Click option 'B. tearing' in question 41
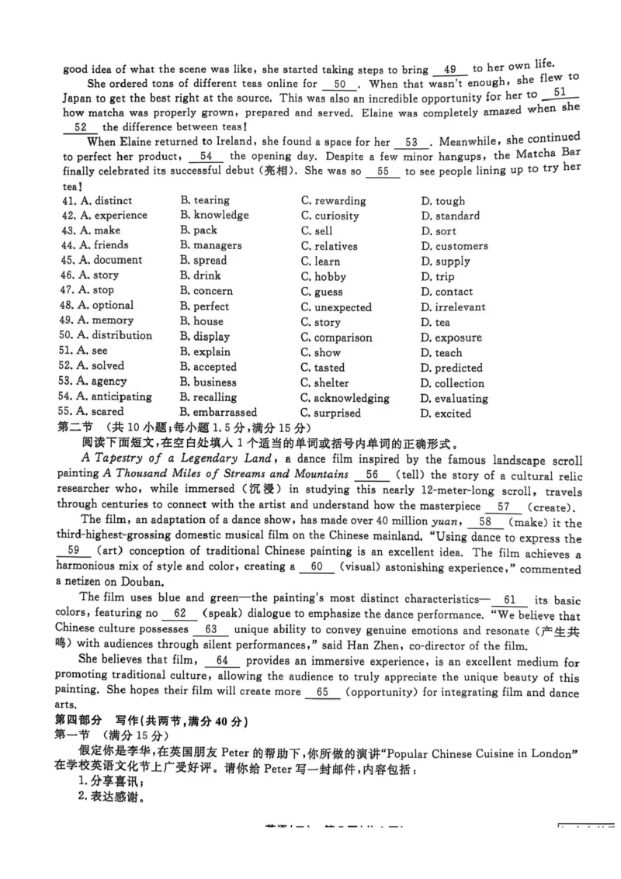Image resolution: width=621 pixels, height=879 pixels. (205, 201)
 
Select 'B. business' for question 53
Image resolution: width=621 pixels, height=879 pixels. (208, 382)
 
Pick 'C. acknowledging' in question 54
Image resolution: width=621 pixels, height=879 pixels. (345, 398)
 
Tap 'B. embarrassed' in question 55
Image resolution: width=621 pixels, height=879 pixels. (218, 413)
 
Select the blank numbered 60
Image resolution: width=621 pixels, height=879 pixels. (316, 567)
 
